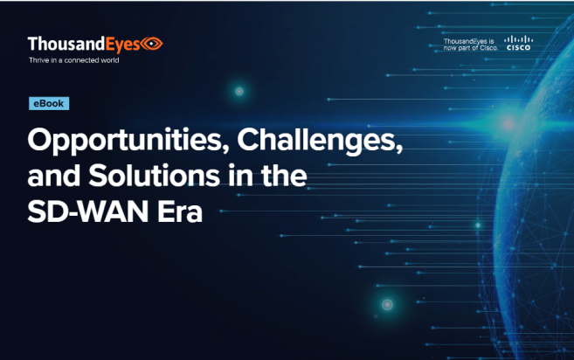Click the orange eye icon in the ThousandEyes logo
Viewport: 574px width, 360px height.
click(x=152, y=44)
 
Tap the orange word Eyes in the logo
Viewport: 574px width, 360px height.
click(x=123, y=45)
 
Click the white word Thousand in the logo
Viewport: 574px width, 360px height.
click(x=66, y=44)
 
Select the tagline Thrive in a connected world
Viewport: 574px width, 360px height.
click(x=74, y=60)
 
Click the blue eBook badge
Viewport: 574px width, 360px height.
click(x=49, y=104)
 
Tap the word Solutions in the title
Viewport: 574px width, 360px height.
click(x=154, y=176)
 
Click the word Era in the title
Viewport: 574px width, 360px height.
click(x=180, y=211)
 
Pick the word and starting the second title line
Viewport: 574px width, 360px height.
click(x=54, y=176)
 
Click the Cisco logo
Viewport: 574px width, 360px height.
click(x=519, y=43)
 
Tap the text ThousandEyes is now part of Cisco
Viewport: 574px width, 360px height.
click(x=471, y=45)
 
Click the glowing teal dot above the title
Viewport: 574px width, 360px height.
click(x=239, y=91)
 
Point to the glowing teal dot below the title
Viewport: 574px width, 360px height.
click(x=387, y=304)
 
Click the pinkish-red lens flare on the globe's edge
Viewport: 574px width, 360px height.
click(x=508, y=124)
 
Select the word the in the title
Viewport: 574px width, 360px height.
click(x=284, y=176)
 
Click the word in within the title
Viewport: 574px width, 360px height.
click(x=240, y=176)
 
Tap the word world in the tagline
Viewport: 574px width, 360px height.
click(x=110, y=60)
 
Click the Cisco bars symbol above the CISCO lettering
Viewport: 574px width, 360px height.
click(x=519, y=39)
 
